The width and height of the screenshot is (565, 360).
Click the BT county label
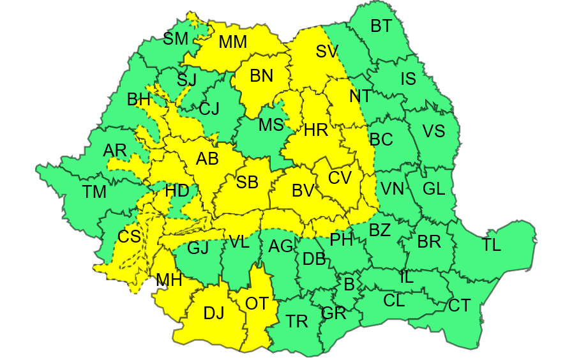pos(381,26)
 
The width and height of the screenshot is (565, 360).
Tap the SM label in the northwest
pos(176,39)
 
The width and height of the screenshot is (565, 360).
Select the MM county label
pos(232,43)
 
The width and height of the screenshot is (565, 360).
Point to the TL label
pos(492,245)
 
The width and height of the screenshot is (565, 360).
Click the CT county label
pos(459,306)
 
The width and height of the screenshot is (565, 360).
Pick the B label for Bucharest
pos(349,283)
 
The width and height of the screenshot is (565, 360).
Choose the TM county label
pos(95,191)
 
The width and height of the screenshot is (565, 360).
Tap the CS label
pos(129,237)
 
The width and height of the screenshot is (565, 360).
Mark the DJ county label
pos(214,313)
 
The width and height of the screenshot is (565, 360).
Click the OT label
pos(257,304)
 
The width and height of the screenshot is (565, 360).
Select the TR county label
pos(297,322)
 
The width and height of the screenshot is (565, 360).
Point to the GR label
pos(333,313)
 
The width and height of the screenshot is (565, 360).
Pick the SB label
pos(247,183)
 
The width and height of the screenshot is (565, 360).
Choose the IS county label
pos(408,79)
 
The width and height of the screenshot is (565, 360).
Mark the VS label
pos(433,131)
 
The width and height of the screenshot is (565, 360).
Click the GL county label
pos(433,189)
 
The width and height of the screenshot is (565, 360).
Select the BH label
pos(139,100)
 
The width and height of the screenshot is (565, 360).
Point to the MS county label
pos(271,125)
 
